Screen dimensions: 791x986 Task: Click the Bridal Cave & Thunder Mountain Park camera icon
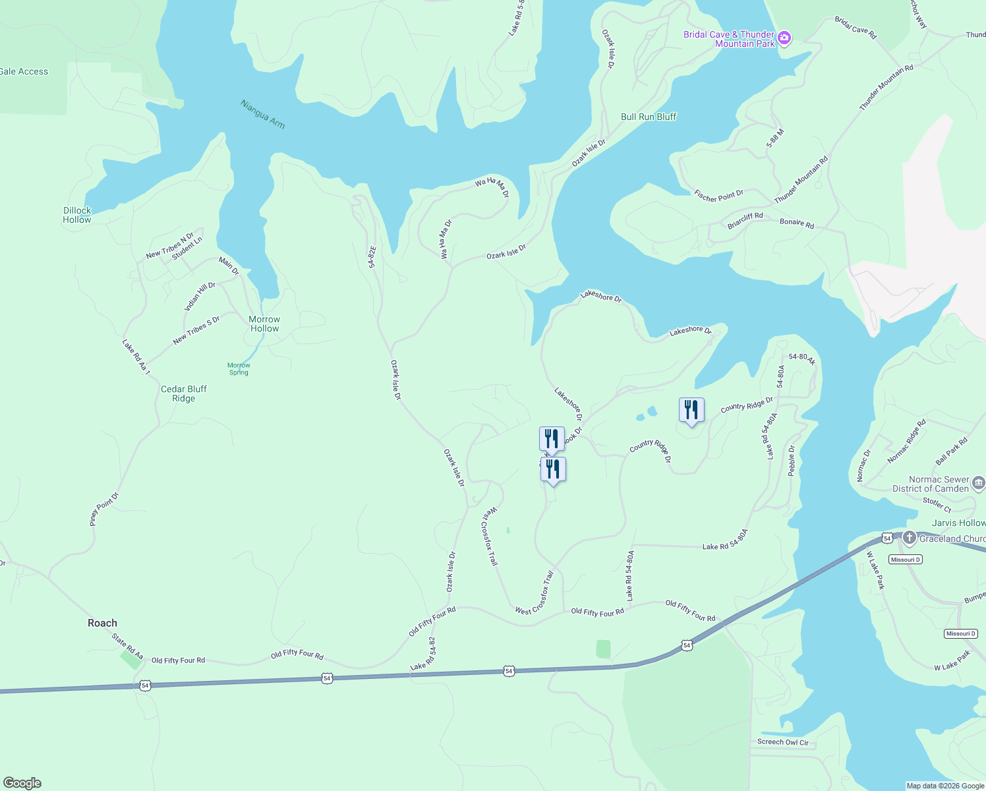[x=784, y=38]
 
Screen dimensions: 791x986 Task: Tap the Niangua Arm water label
[x=262, y=114]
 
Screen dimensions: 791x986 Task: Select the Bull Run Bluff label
[x=649, y=117]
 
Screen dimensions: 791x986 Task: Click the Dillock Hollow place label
[x=77, y=215]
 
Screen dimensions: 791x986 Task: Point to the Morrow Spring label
[x=239, y=368]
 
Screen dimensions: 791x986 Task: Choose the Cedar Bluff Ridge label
[x=184, y=394]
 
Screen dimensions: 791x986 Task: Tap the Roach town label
[x=102, y=623]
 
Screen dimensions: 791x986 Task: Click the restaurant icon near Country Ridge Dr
[x=691, y=410]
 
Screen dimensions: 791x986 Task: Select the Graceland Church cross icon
[x=910, y=538]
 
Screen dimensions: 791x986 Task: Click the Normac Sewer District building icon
[x=979, y=484]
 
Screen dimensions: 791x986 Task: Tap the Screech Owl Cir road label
[x=782, y=742]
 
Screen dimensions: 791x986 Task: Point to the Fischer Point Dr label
[x=718, y=196]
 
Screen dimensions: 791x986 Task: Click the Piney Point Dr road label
[x=103, y=509]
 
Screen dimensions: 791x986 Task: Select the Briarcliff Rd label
[x=745, y=220]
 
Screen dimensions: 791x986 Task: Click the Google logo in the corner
[x=22, y=783]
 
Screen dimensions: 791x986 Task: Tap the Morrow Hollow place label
[x=264, y=324]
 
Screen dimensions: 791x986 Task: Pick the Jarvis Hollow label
[x=958, y=523]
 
